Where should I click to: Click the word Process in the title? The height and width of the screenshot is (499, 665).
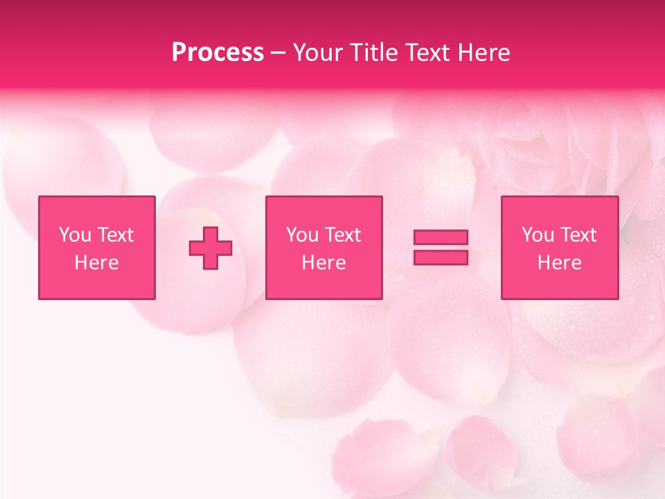tap(218, 53)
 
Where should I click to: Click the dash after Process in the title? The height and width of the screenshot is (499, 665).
tap(278, 53)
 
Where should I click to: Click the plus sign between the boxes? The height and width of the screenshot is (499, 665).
tap(211, 248)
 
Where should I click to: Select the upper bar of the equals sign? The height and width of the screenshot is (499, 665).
tap(441, 237)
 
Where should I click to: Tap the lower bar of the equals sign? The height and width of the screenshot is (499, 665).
tap(441, 257)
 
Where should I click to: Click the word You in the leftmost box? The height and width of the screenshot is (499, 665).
tap(75, 235)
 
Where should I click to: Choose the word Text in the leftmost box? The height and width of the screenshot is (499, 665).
tap(115, 235)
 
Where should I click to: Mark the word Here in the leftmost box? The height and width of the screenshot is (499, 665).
tap(96, 263)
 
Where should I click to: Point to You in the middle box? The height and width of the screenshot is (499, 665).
tap(302, 235)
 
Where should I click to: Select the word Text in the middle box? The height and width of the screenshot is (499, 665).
tap(342, 235)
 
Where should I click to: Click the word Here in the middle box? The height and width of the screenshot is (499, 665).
tap(323, 263)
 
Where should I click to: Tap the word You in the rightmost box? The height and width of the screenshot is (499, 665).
tap(538, 235)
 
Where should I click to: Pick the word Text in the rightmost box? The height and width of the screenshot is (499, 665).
tap(578, 235)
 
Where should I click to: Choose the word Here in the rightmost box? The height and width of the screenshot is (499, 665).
tap(559, 263)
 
